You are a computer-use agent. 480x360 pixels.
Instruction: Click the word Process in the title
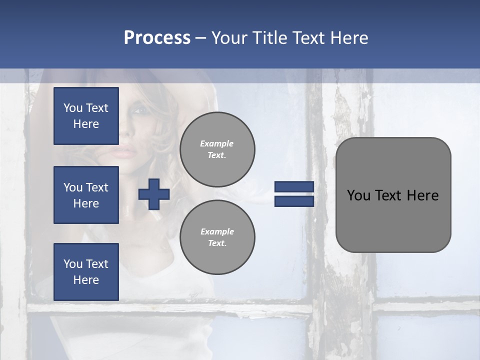(157, 38)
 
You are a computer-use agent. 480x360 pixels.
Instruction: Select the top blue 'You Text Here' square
(86, 116)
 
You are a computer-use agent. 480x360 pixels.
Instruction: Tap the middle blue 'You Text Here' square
(86, 195)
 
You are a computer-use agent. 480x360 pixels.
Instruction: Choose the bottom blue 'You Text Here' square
(86, 272)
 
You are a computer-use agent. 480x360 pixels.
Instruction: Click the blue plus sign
(154, 194)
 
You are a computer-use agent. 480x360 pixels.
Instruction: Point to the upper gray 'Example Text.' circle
(217, 149)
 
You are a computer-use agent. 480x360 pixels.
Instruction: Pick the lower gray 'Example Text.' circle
(217, 237)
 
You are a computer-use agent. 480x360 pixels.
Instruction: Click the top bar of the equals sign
(294, 186)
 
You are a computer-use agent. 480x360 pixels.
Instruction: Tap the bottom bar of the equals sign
(294, 201)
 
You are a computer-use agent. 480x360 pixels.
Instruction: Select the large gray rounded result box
(393, 195)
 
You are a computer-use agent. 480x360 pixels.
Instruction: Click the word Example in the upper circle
(217, 143)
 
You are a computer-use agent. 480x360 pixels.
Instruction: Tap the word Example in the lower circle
(217, 231)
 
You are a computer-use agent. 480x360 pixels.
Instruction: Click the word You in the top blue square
(72, 108)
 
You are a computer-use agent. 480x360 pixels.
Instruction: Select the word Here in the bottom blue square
(86, 280)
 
